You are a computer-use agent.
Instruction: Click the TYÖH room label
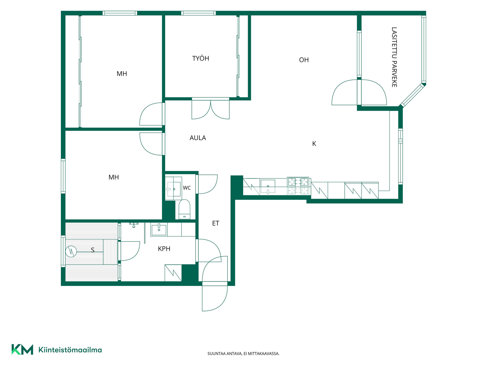tap(201, 58)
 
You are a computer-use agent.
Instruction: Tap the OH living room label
tap(304, 60)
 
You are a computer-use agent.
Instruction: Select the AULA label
tap(198, 138)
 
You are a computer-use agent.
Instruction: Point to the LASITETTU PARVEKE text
tap(394, 57)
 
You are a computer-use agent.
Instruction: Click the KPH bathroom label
tap(164, 249)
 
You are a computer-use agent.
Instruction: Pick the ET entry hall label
tap(216, 223)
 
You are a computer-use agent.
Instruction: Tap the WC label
tap(187, 188)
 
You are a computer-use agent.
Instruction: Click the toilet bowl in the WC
tap(184, 209)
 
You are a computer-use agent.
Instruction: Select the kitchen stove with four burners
tap(298, 186)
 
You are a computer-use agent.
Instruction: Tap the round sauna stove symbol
tap(71, 251)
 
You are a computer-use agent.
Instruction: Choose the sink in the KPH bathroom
tap(159, 230)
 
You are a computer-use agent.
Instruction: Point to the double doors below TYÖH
tap(211, 109)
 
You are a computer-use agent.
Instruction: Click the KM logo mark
tap(22, 349)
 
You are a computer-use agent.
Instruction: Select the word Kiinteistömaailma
tap(70, 350)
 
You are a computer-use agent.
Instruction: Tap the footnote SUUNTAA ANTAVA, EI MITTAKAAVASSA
tap(243, 354)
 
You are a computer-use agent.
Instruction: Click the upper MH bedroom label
tap(122, 74)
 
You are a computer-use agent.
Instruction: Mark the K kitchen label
tap(314, 144)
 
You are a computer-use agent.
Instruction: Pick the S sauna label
tap(93, 250)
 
